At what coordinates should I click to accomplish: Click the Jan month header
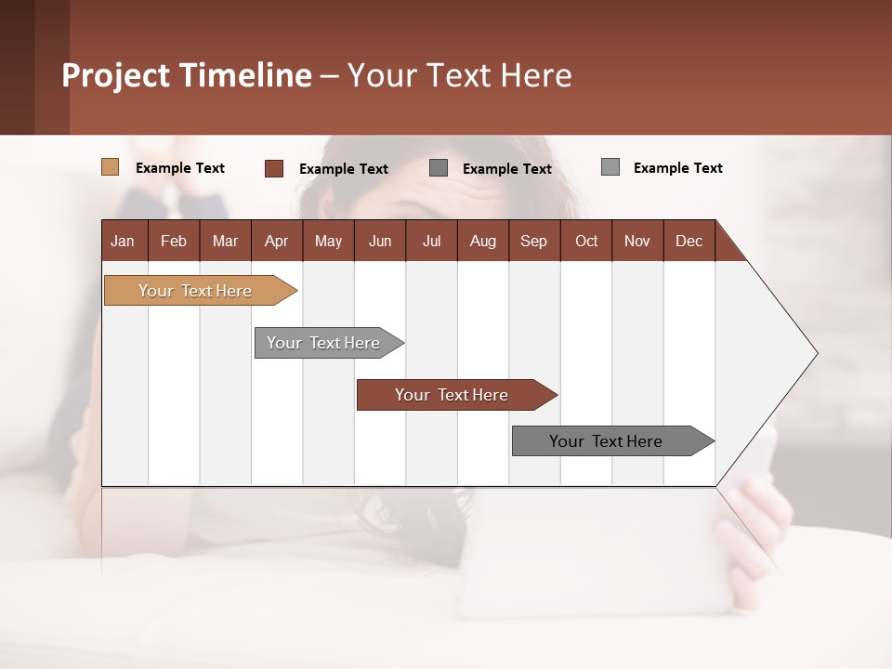pos(123,241)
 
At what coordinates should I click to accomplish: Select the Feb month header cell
pos(174,241)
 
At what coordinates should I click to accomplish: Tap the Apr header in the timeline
pos(276,241)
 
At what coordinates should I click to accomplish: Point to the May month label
pos(328,241)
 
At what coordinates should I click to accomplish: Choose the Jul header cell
pos(431,241)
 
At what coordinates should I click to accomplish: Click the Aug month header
pos(482,241)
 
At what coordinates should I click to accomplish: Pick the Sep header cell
pos(533,241)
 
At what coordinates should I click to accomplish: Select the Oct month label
pos(586,241)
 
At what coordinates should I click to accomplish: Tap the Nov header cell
pos(637,241)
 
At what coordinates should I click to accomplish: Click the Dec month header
pos(689,241)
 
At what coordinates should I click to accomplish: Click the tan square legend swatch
pos(110,167)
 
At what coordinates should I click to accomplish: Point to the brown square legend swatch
pos(273,168)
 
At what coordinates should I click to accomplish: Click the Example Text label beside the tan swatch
pos(180,168)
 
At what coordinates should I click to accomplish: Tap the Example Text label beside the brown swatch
pos(344,169)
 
